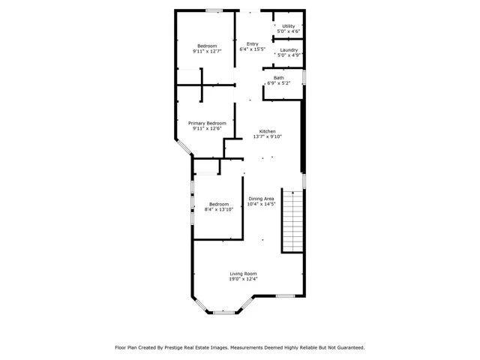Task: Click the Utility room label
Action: pos(289,26)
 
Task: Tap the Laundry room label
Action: pos(289,50)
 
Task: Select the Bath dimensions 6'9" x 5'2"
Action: pos(279,83)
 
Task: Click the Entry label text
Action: pos(253,43)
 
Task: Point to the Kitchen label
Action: pos(268,131)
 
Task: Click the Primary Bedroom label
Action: pos(207,123)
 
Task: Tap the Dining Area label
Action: pos(261,199)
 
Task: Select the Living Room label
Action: pos(243,274)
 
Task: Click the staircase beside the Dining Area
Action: pos(293,221)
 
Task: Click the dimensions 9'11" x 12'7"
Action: pos(207,52)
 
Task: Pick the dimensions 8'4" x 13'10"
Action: pos(219,209)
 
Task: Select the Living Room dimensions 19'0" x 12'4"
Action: pos(243,279)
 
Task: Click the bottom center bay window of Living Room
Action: pos(224,313)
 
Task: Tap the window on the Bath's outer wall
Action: pos(304,77)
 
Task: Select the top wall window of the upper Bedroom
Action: pos(214,10)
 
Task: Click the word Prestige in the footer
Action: pos(174,348)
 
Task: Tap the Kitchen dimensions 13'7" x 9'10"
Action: pos(268,136)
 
